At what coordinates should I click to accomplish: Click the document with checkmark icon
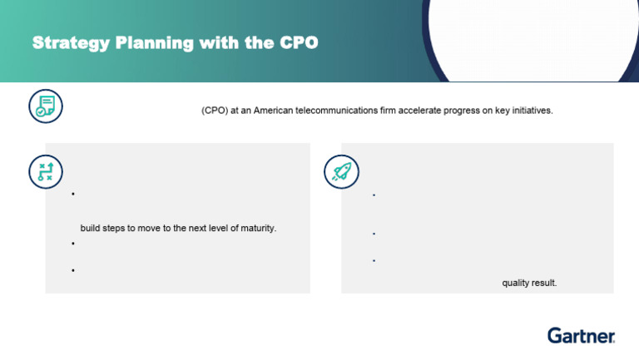click(x=45, y=105)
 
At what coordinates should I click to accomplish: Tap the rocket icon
click(x=340, y=171)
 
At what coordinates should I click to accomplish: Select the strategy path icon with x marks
click(x=45, y=171)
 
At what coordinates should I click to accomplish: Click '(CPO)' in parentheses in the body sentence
click(x=215, y=111)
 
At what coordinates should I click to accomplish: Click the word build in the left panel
click(x=90, y=228)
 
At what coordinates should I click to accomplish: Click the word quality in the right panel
click(x=516, y=283)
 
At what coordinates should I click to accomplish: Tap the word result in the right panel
click(x=544, y=283)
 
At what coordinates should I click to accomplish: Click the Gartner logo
click(x=581, y=336)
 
